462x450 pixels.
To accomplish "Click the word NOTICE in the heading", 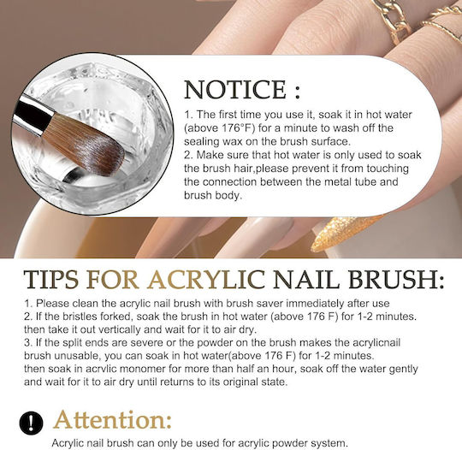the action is point(235,89).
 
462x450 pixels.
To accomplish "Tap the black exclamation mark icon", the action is point(32,423).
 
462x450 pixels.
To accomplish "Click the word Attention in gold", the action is point(113,420).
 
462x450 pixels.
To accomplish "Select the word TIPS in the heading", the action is point(51,279).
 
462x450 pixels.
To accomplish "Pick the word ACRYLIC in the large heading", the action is point(206,279).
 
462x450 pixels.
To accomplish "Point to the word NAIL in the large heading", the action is point(306,279).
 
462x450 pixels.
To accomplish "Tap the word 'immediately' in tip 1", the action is point(316,303).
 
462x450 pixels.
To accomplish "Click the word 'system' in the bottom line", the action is point(329,442).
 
